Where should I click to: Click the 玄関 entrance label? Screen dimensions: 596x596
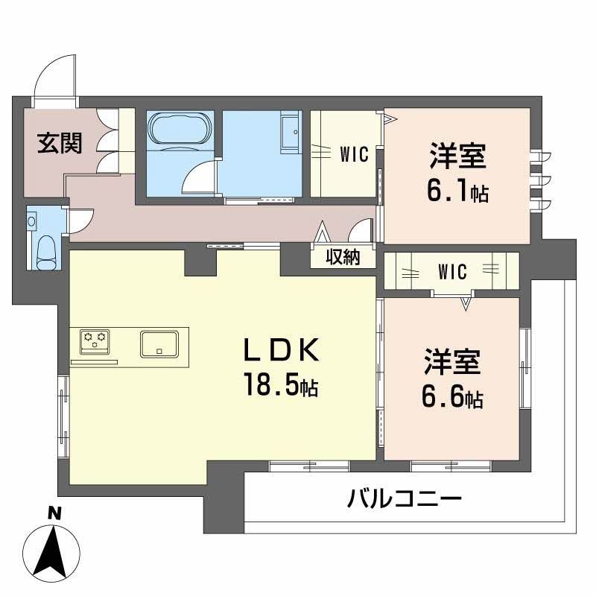60,142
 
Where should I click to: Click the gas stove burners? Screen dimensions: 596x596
95,341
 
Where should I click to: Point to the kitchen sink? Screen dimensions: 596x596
159,343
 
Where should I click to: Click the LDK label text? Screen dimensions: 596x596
282,350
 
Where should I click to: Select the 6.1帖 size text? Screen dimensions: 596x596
457,191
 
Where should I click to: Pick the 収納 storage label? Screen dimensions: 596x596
343,257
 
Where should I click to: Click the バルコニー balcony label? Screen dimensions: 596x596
405,498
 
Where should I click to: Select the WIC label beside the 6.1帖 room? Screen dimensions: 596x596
355,154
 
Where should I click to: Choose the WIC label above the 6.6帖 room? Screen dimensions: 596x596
452,273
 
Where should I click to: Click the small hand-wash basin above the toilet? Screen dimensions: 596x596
32,221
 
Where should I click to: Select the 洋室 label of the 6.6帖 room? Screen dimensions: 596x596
453,363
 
